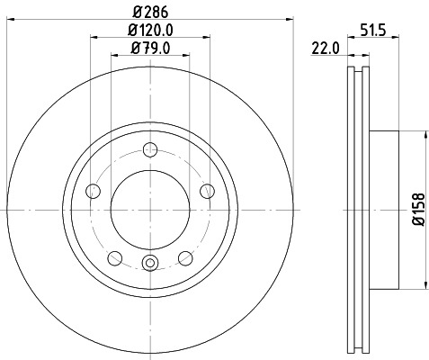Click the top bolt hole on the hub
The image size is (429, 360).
[150, 149]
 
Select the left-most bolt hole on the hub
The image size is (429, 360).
[93, 191]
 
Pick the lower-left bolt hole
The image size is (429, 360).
[114, 256]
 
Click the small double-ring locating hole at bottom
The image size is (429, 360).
[150, 263]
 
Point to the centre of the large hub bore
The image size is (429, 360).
[150, 210]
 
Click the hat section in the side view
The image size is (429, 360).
[382, 210]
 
